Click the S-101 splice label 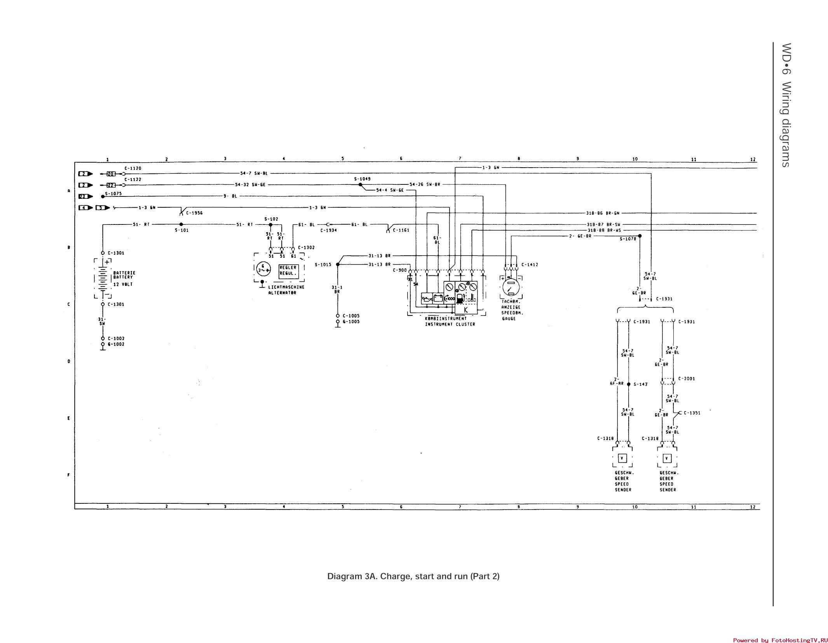(x=181, y=230)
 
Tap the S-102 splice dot (x=271, y=224)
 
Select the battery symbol (x=103, y=278)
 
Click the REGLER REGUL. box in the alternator (x=288, y=270)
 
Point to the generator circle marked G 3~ (x=263, y=269)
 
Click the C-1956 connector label (x=194, y=213)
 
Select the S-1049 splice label (x=362, y=179)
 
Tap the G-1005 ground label (x=351, y=322)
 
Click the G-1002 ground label (x=116, y=344)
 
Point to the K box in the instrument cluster (x=466, y=310)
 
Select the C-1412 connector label (x=530, y=265)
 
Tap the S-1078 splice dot (x=640, y=236)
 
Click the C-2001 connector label (x=687, y=378)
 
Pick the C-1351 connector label (x=692, y=413)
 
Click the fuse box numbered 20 (x=111, y=174)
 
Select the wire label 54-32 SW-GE (x=250, y=185)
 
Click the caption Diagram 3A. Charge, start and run (x=413, y=576)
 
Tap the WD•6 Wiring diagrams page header (x=786, y=105)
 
